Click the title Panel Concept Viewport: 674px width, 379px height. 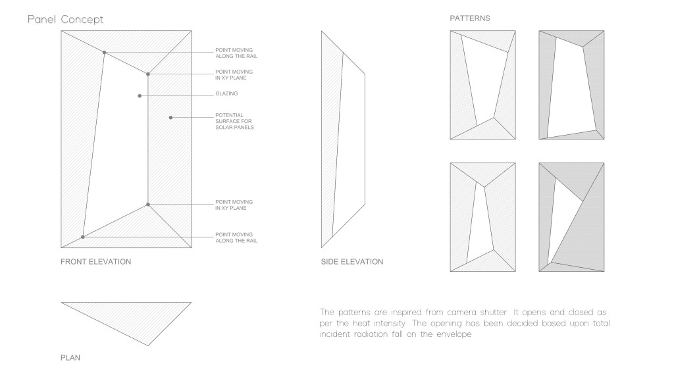point(65,19)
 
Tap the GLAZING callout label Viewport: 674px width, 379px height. point(226,93)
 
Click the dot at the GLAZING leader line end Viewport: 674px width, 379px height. point(140,96)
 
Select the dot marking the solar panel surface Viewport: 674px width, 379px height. point(170,117)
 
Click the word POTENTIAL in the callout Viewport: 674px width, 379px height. point(230,115)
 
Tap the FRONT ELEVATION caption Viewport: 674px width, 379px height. point(96,262)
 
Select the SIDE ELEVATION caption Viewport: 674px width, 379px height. point(352,262)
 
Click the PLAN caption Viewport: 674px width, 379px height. point(70,357)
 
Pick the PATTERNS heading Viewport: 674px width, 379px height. point(470,18)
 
